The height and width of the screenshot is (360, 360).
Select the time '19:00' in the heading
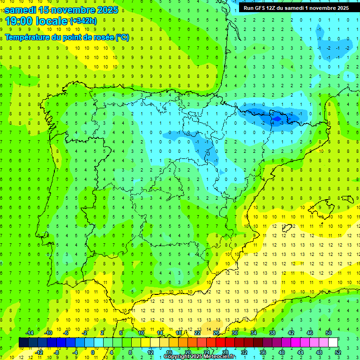point(18,21)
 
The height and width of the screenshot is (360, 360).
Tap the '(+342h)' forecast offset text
point(83,21)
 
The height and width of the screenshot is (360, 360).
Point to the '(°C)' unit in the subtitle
point(122,37)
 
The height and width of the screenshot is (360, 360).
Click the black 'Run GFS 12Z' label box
point(296,8)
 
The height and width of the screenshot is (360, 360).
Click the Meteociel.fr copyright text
point(200,357)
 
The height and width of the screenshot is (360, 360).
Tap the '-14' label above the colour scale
point(29,332)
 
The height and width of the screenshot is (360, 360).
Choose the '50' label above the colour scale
point(329,332)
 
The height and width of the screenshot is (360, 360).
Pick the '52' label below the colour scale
point(338,352)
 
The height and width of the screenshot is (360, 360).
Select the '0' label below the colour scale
point(93,352)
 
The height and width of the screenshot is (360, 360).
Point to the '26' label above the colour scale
point(216,332)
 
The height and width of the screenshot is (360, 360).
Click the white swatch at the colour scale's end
point(333,342)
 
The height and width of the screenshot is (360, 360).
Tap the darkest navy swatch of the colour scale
point(23,342)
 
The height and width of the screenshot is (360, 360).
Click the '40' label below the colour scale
point(282,352)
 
